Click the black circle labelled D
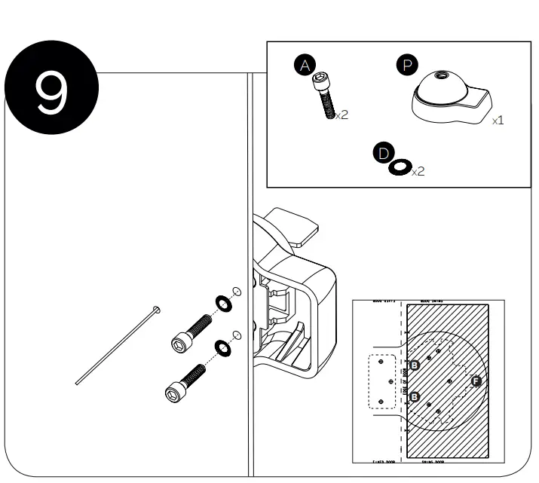click(x=384, y=154)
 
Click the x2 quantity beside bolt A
click(x=342, y=115)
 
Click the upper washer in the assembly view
click(x=224, y=302)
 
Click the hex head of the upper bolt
click(x=179, y=343)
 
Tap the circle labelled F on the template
click(x=476, y=381)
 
